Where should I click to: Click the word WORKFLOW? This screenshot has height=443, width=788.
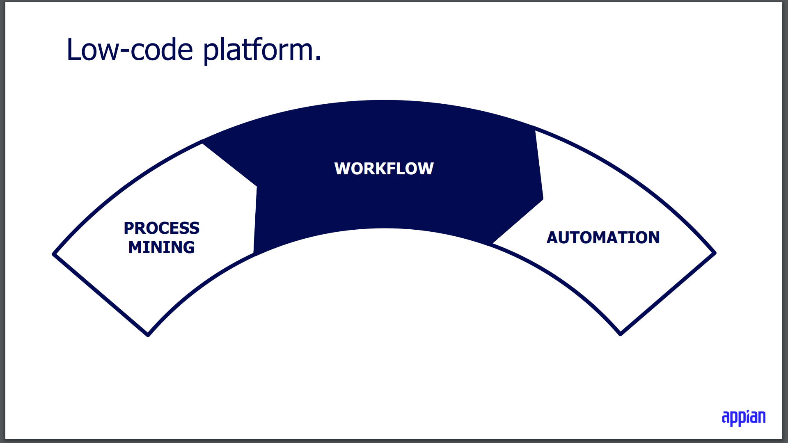coord(384,169)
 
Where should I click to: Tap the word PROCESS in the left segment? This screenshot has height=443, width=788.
coord(161,228)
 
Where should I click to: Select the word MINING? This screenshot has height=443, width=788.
coord(161,247)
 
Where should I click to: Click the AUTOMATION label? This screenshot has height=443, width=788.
coord(603,237)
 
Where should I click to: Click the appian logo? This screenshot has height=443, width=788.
coord(743,418)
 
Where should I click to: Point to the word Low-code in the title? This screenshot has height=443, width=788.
coord(129,50)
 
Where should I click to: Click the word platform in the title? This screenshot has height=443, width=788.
coord(259,50)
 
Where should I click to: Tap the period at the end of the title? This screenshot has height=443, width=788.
coord(318,59)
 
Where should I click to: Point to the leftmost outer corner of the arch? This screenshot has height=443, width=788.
coord(54,254)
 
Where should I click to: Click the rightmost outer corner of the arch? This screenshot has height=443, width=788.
coord(715,253)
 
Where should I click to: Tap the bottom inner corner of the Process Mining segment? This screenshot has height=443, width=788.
coord(148,335)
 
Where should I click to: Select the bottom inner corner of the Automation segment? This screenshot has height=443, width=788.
coord(621,334)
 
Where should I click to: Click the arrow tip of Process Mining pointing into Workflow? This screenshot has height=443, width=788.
coord(256,187)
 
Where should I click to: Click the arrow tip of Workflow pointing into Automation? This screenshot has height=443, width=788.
coord(543,200)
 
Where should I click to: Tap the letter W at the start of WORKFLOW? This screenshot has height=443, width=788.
coord(342,169)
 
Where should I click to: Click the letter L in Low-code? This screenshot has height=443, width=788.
coord(74,50)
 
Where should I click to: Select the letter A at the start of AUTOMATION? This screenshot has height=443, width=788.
coord(552,237)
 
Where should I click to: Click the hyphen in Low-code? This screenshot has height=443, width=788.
coord(124,51)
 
